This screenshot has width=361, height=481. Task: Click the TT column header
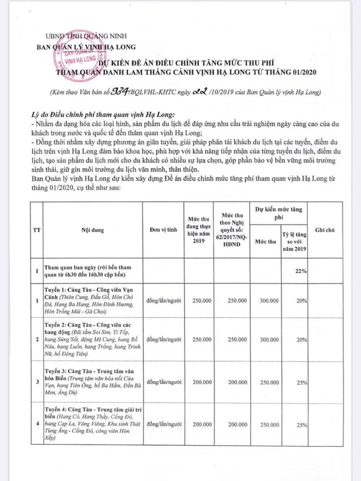coord(36,229)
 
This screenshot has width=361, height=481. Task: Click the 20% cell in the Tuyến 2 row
coord(301,339)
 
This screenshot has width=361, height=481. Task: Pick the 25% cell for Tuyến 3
coord(301,382)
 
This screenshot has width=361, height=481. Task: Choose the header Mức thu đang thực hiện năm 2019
coord(197,229)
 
